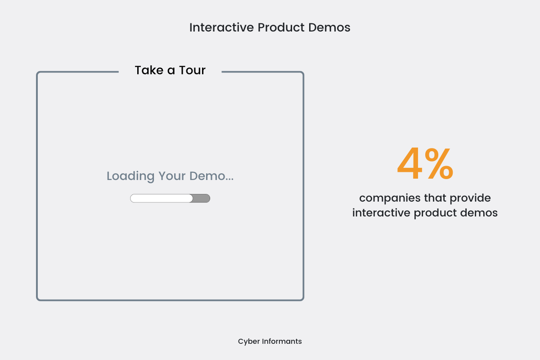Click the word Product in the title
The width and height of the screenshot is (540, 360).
pyautogui.click(x=281, y=27)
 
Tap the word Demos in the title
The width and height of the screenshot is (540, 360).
pyautogui.click(x=329, y=27)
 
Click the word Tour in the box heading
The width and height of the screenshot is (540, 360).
pyautogui.click(x=192, y=70)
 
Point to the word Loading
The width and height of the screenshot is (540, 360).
pyautogui.click(x=130, y=176)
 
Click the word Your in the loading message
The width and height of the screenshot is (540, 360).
pyautogui.click(x=172, y=176)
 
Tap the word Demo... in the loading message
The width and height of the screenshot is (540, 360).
pyautogui.click(x=211, y=176)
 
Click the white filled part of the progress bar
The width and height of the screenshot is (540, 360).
pyautogui.click(x=161, y=198)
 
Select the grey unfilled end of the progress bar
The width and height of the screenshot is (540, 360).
pyautogui.click(x=202, y=198)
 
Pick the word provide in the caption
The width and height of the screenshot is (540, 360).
pyautogui.click(x=470, y=198)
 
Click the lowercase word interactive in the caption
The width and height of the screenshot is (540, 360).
pyautogui.click(x=381, y=213)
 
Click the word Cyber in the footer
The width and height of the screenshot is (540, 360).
pyautogui.click(x=249, y=342)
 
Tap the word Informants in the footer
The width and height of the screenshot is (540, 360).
pyautogui.click(x=282, y=341)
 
